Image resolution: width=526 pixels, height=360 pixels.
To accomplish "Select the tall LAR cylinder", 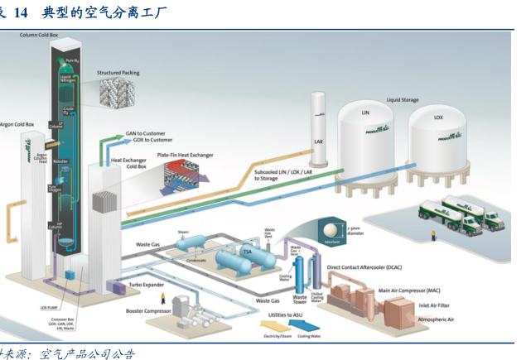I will coord(320,124).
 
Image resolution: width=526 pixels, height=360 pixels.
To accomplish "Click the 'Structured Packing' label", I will coord(118,73).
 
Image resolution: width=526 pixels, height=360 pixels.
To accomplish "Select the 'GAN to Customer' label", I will coord(145,132).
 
